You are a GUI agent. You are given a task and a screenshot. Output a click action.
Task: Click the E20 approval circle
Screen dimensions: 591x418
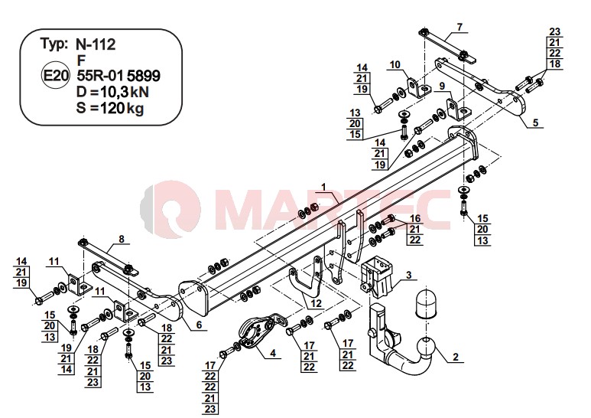point(55,76)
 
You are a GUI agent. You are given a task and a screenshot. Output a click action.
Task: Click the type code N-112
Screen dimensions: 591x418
point(96,44)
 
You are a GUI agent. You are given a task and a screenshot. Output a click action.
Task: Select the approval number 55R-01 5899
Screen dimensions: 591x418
point(119,76)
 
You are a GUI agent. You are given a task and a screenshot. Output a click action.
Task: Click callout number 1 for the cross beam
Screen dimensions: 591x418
point(323,187)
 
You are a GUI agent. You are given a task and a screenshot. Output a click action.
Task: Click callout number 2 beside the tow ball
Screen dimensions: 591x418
point(456,357)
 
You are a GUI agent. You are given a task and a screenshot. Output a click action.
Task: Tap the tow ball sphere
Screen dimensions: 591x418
point(426,346)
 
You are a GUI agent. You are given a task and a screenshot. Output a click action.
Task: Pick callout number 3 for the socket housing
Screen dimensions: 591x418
point(408,275)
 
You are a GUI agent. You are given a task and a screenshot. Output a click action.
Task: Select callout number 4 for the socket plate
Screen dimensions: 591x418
point(272,353)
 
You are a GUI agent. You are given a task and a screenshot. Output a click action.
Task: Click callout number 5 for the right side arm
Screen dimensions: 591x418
point(536,122)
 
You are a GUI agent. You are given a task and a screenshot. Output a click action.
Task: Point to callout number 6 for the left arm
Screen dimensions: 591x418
point(199,325)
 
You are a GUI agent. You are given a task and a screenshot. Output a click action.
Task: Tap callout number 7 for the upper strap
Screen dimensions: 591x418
point(459,27)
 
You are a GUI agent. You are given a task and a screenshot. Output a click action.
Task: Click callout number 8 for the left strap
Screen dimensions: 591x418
point(121,239)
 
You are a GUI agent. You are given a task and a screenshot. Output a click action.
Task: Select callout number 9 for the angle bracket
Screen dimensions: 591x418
point(442,86)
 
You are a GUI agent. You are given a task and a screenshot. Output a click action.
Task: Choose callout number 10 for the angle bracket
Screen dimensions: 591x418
point(395,64)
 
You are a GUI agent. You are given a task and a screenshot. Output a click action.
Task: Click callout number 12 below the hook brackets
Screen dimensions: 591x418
point(317,303)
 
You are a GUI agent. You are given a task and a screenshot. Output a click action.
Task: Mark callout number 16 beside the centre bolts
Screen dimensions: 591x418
point(415,218)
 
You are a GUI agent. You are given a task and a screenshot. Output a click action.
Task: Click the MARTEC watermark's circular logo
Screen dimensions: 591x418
point(170,209)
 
